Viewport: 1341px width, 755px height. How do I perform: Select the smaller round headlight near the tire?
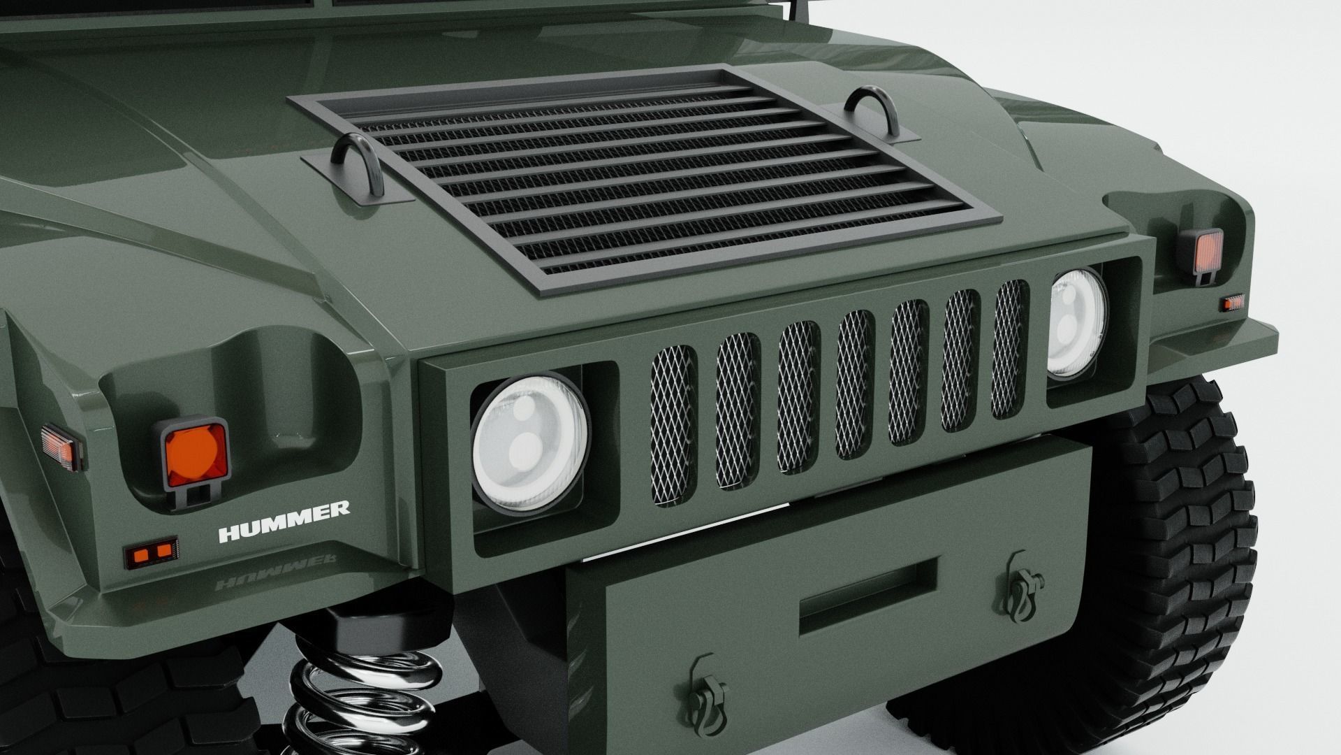pos(1077,322)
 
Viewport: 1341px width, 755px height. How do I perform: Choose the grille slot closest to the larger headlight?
pos(673,423)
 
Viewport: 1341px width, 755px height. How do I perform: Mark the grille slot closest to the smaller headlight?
pos(1011,350)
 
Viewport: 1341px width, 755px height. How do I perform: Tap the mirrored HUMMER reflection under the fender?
pos(275,561)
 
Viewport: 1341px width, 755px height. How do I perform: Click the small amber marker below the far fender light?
pos(1232,302)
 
